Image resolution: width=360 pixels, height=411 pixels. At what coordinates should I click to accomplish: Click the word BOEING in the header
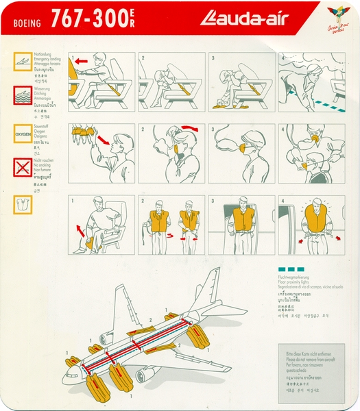[27, 22]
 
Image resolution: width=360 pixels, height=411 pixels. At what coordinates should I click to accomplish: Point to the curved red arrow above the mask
[187, 128]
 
